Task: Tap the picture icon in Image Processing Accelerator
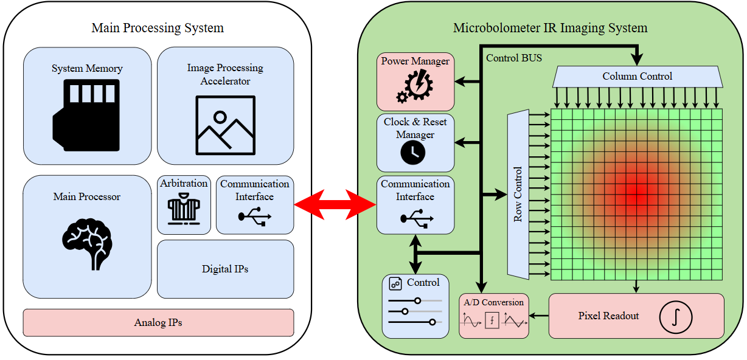pos(224,125)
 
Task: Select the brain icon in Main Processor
pos(87,242)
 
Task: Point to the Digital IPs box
pos(225,269)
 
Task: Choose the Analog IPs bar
pos(158,322)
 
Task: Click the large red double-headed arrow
pos(335,204)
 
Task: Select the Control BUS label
pos(514,58)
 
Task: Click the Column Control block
pos(637,77)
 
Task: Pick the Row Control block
pos(518,194)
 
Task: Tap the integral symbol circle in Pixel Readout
pos(676,317)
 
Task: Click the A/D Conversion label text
pos(493,302)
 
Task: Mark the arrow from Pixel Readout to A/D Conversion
pos(539,316)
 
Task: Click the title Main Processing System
pos(158,28)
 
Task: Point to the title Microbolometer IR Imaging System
pos(550,28)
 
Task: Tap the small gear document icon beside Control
pos(395,283)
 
